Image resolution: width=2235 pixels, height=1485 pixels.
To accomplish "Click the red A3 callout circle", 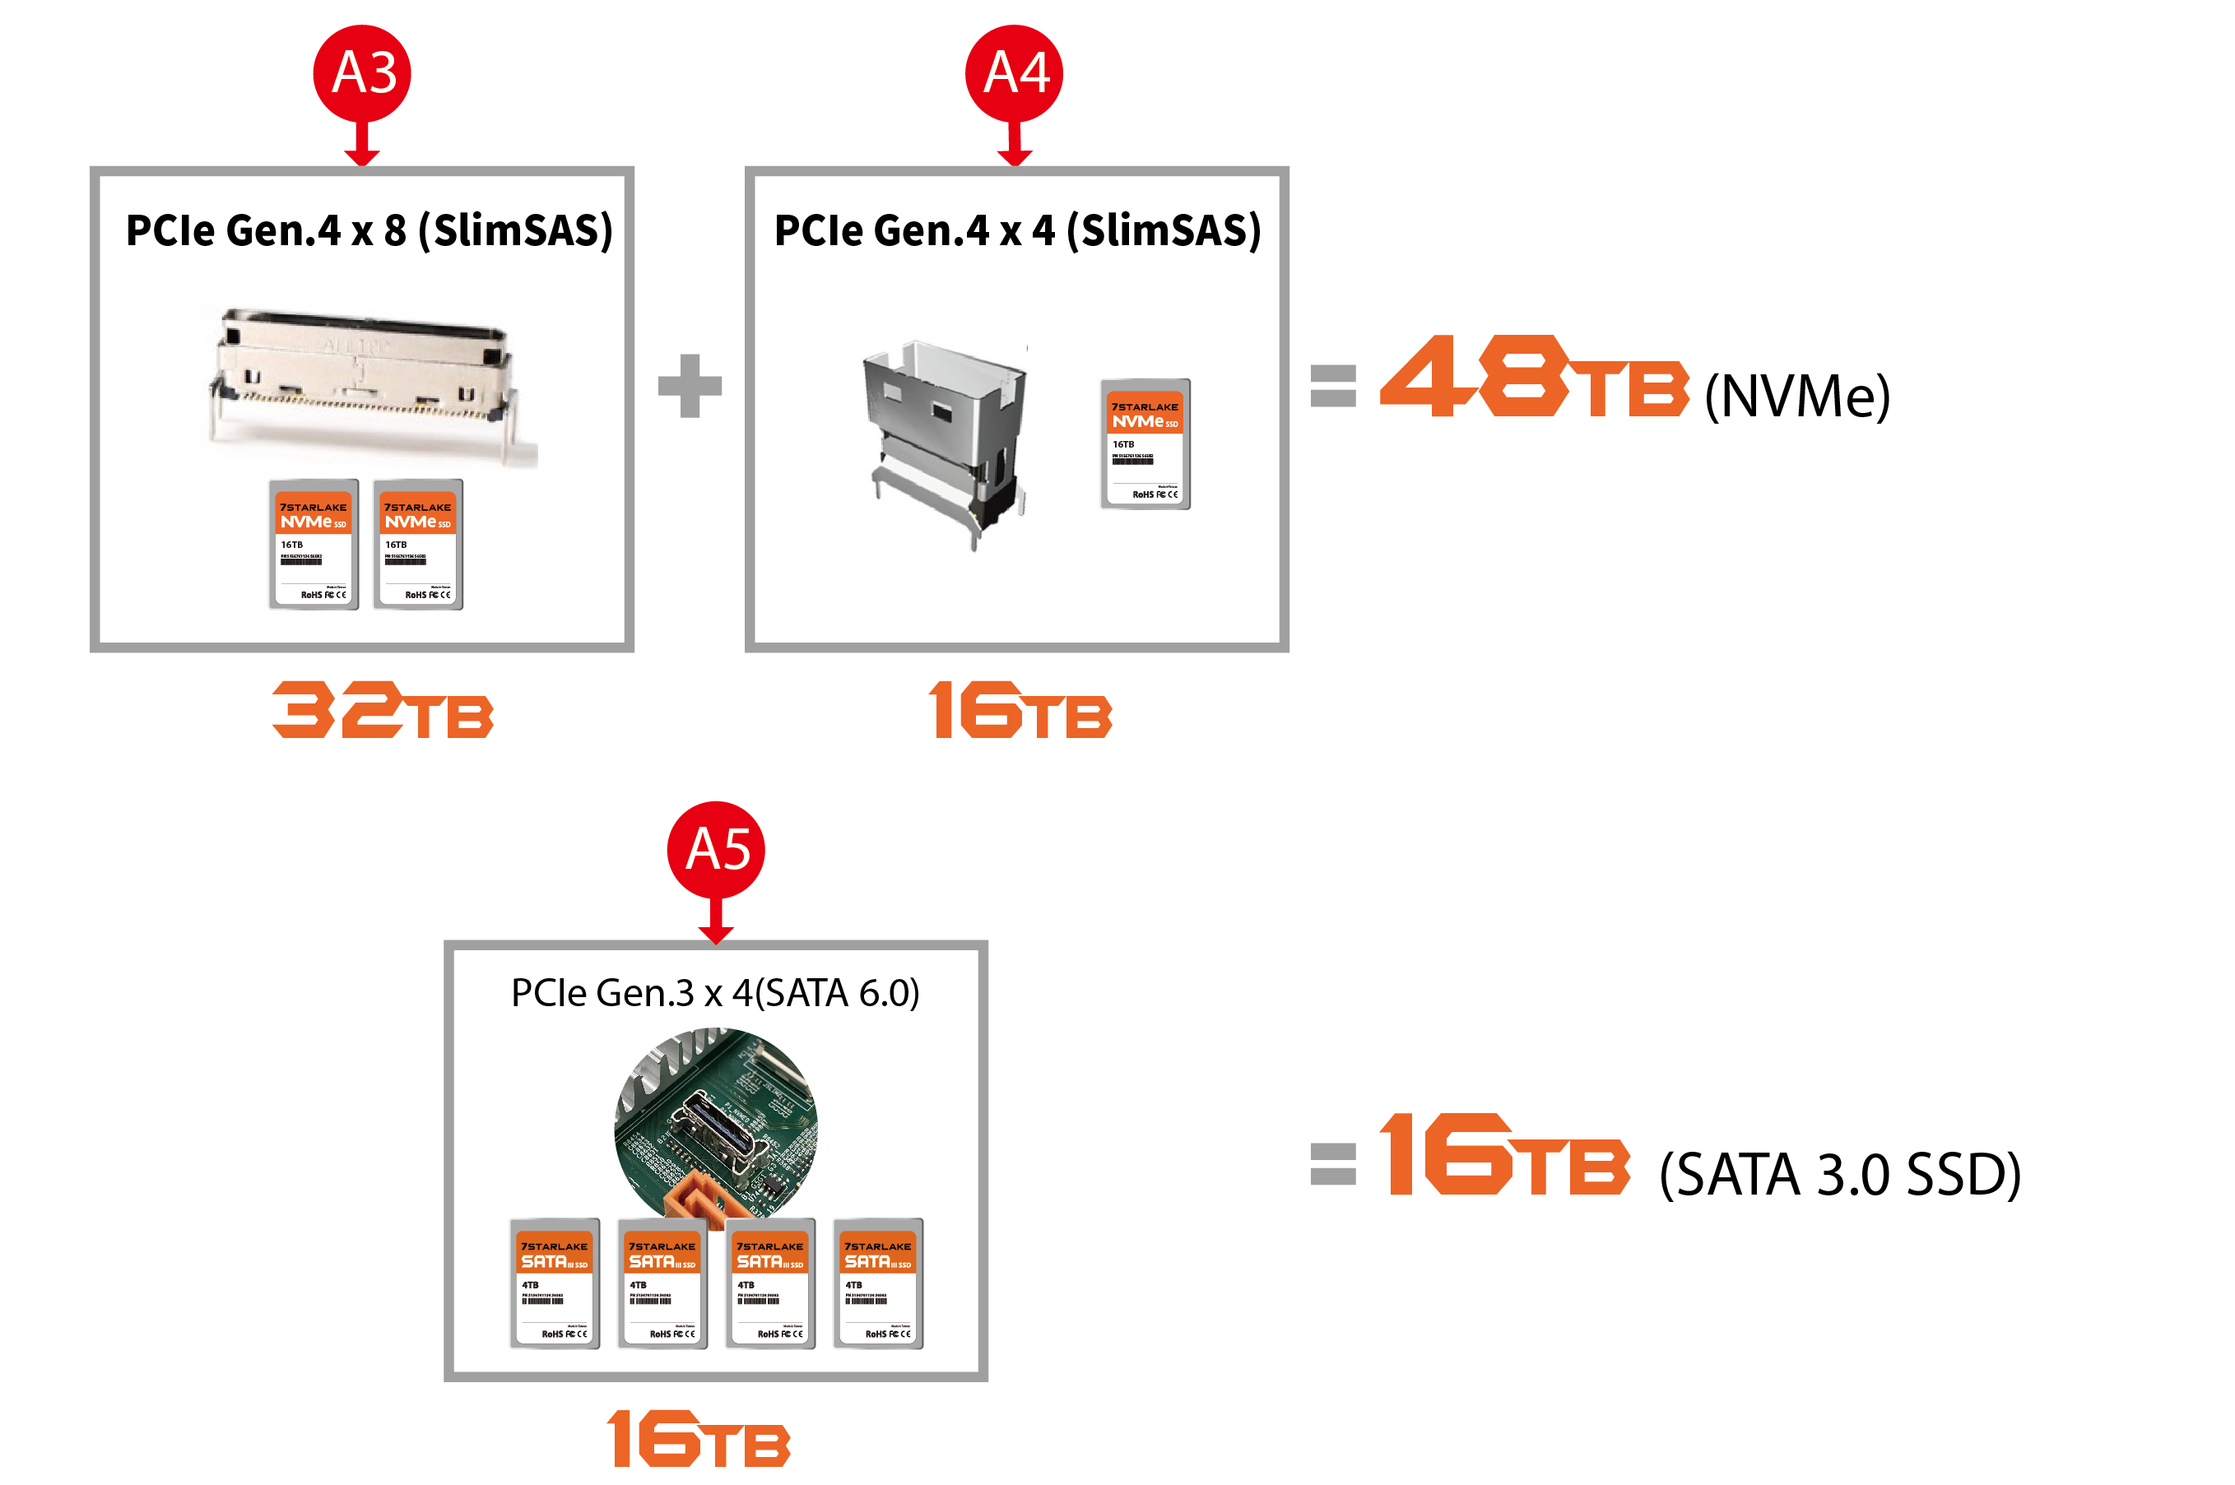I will (x=362, y=73).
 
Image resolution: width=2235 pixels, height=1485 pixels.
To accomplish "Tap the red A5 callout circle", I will (x=715, y=850).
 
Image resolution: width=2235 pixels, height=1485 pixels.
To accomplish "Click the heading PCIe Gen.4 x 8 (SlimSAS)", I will (x=369, y=230).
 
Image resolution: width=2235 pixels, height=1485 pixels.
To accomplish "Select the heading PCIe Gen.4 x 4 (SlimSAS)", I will (x=1017, y=230).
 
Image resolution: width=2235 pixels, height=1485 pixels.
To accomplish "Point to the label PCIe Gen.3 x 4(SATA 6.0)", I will (x=715, y=992).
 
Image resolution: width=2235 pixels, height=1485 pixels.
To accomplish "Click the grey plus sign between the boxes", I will (x=690, y=386).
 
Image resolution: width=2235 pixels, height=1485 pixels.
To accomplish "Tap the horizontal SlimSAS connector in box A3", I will (x=362, y=383).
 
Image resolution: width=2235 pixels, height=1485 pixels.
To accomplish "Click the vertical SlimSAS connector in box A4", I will (x=944, y=440).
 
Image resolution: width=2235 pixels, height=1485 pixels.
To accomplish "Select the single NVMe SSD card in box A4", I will (x=1144, y=444).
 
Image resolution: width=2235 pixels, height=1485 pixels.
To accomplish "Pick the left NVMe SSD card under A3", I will (x=314, y=545).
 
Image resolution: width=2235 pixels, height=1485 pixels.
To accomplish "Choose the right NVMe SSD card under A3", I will (x=418, y=545).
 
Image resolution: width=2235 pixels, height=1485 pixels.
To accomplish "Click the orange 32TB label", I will (x=382, y=710).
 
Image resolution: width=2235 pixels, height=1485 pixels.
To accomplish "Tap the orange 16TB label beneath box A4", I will (x=1020, y=710).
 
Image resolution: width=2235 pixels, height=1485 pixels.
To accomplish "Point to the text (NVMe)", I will (x=1796, y=396).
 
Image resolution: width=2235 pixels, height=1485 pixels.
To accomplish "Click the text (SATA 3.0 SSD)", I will (x=1839, y=1174).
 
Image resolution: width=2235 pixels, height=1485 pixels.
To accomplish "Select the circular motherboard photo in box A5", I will (x=715, y=1122).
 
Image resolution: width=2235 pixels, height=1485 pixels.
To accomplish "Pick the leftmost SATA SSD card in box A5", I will (x=555, y=1283).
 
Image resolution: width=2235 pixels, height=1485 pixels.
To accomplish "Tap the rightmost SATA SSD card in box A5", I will (x=878, y=1283).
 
